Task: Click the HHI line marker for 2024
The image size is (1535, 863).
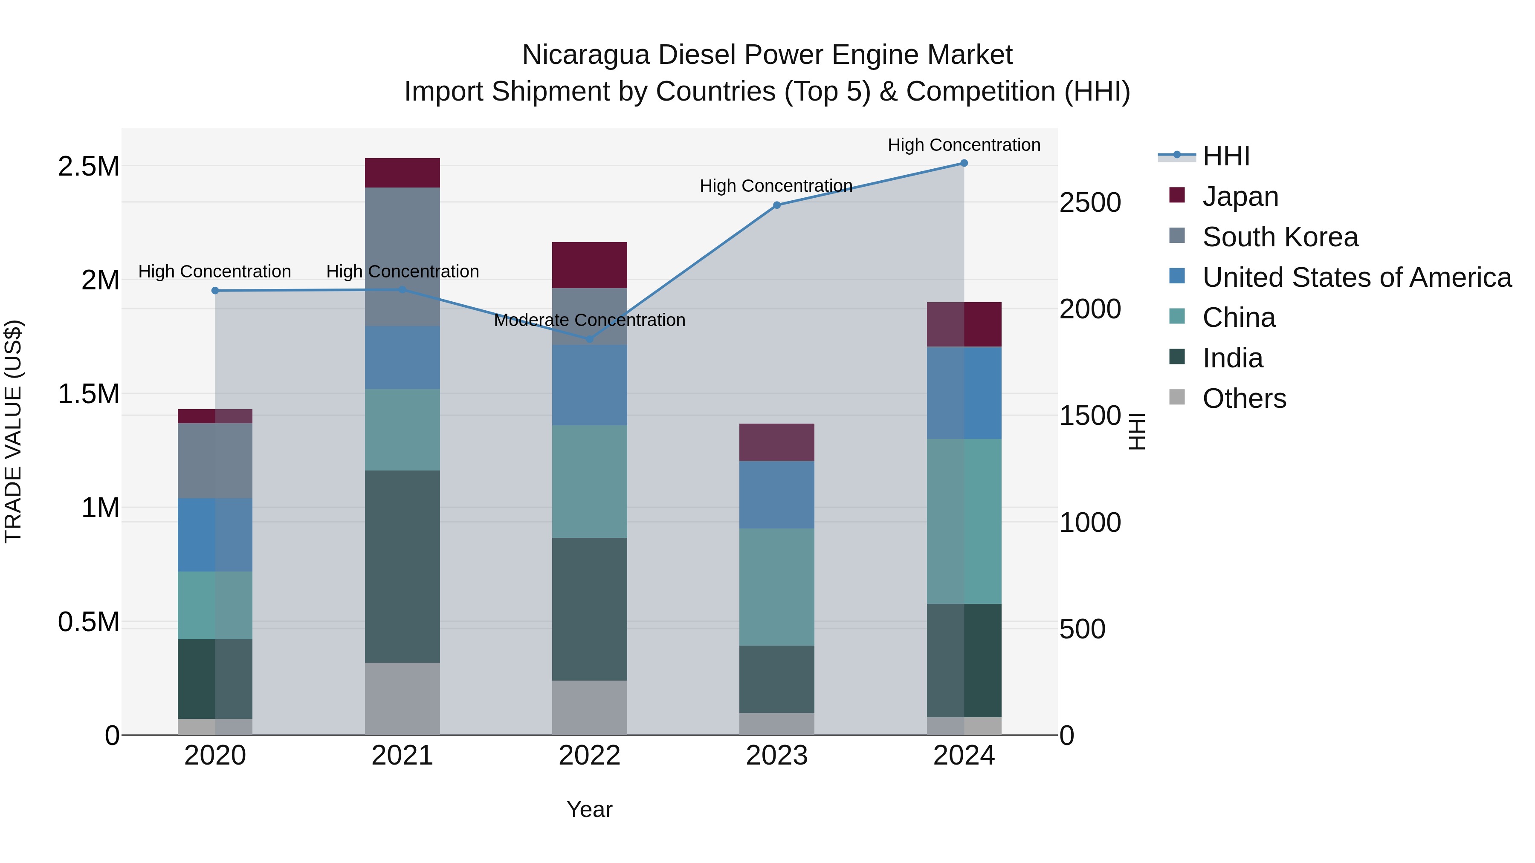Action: pyautogui.click(x=964, y=163)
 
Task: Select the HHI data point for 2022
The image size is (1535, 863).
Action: pyautogui.click(x=589, y=339)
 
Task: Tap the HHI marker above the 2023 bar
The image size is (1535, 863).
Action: pyautogui.click(x=776, y=205)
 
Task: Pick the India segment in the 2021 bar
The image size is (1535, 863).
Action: pyautogui.click(x=402, y=566)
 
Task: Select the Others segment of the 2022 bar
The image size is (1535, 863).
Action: pyautogui.click(x=589, y=707)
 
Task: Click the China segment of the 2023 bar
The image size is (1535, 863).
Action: pyautogui.click(x=776, y=587)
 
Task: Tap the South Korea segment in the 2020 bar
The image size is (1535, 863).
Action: pyautogui.click(x=215, y=460)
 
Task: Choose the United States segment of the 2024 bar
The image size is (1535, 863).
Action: pyautogui.click(x=964, y=393)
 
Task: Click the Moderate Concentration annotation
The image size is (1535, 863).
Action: pyautogui.click(x=589, y=320)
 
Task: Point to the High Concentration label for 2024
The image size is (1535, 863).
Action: pyautogui.click(x=964, y=145)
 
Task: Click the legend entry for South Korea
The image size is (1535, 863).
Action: pyautogui.click(x=1280, y=237)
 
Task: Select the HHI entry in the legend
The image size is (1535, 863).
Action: pyautogui.click(x=1226, y=156)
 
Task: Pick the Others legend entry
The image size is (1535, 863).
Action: pyautogui.click(x=1244, y=398)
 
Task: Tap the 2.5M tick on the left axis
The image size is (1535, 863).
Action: pyautogui.click(x=89, y=166)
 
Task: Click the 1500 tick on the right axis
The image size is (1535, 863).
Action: pyautogui.click(x=1090, y=416)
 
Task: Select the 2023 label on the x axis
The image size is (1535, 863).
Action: pyautogui.click(x=776, y=756)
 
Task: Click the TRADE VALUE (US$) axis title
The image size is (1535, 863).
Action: pyautogui.click(x=13, y=431)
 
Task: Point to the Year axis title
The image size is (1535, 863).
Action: pyautogui.click(x=589, y=809)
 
